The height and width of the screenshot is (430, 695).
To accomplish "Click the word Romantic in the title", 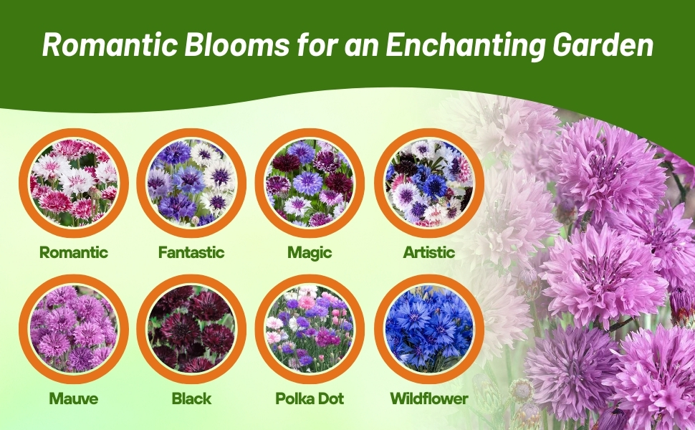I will point(107,45).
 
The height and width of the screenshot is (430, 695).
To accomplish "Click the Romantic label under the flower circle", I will point(74,252).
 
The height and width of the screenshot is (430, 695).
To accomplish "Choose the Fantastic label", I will point(191,252).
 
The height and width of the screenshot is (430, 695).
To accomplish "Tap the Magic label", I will point(310,252).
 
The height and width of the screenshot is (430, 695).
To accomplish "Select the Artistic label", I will point(428,252).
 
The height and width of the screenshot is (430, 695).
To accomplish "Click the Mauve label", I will point(74,398).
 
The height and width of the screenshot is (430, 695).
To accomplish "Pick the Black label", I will point(191,398).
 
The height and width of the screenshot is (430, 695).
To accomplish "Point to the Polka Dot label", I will point(310,398).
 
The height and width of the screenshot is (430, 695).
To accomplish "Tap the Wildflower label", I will point(428,398).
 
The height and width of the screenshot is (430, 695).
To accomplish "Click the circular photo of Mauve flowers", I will point(74,329).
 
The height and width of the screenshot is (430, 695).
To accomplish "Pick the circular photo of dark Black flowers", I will point(191,329).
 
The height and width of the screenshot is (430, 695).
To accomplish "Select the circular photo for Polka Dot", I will point(310,329).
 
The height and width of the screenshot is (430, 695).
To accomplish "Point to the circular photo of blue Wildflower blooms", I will point(428,329).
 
